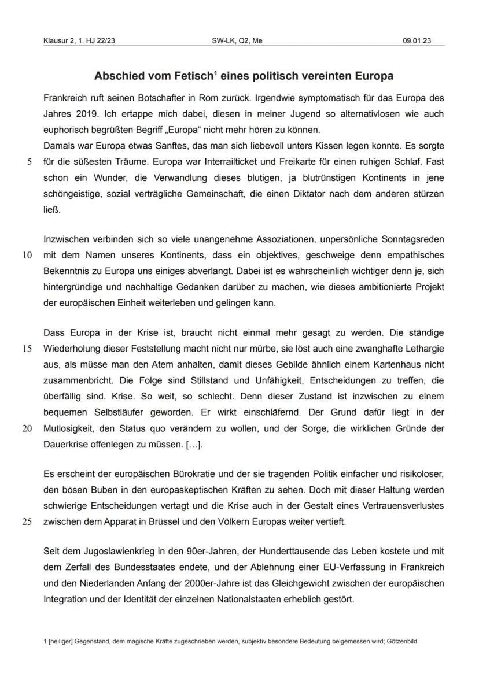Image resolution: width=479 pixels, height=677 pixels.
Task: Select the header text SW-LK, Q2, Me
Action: point(238,40)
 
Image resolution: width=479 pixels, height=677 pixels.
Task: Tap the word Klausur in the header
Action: point(55,40)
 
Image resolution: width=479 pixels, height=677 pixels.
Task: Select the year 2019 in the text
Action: point(82,114)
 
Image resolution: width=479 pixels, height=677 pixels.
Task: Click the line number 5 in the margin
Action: point(29,162)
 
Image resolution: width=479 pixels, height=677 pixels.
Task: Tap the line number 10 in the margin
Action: point(27,255)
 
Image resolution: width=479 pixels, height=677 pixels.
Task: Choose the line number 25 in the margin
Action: point(27,521)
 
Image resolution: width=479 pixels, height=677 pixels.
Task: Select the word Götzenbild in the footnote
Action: point(403,642)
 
